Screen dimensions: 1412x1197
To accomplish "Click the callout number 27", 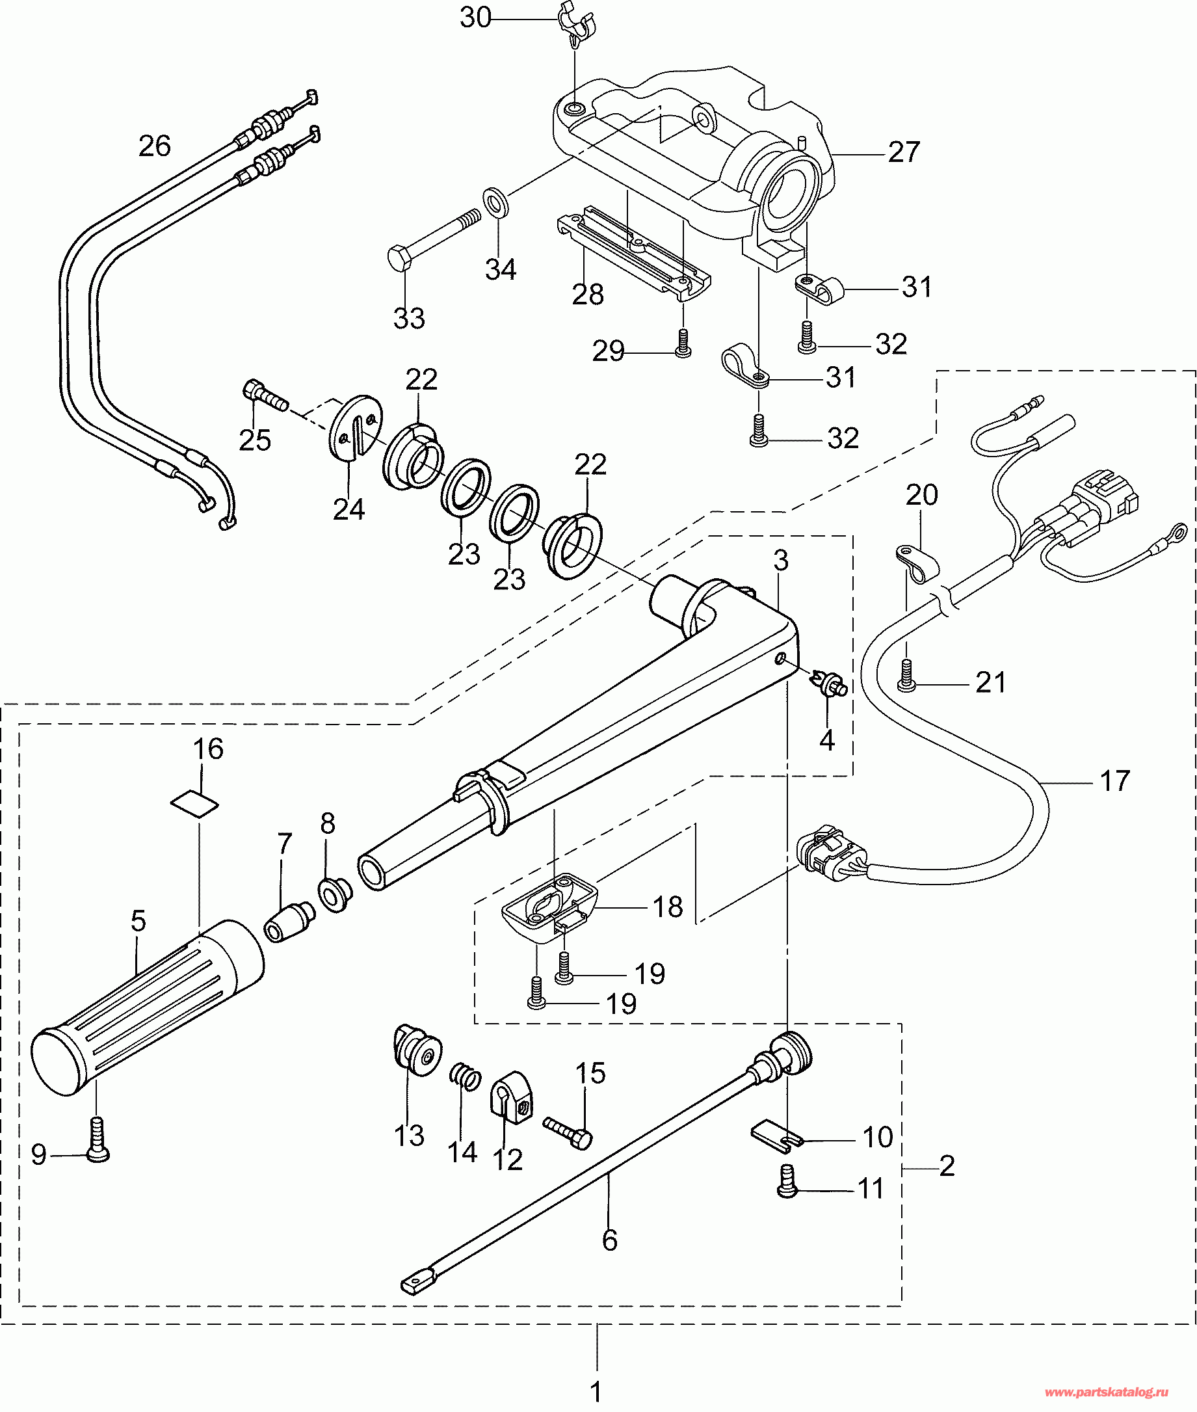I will pyautogui.click(x=904, y=152).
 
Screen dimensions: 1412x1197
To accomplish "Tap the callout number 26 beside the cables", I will pyautogui.click(x=154, y=146).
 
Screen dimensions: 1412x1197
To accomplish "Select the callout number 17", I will pyautogui.click(x=1114, y=780).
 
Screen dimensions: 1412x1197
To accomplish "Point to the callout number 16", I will pyautogui.click(x=207, y=749).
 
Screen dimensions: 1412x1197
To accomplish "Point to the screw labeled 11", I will pyautogui.click(x=787, y=1182).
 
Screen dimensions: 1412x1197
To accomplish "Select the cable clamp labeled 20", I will pyautogui.click(x=916, y=563).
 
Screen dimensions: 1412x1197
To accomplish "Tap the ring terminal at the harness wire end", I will pyautogui.click(x=1179, y=530).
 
